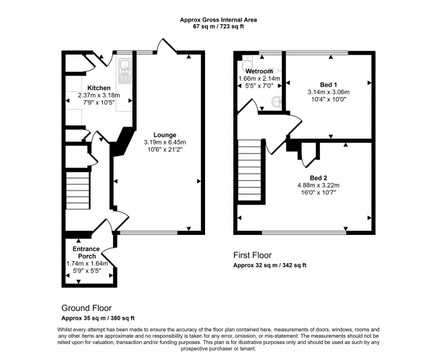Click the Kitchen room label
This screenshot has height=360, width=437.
tap(99, 87)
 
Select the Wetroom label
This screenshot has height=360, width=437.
tap(258, 71)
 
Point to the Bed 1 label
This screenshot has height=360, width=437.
tap(328, 83)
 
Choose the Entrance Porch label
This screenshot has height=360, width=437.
tap(87, 252)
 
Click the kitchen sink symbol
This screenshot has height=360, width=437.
tap(124, 67)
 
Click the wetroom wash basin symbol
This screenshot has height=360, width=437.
tap(276, 102)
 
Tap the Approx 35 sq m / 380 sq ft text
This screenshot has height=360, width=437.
tap(98, 318)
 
